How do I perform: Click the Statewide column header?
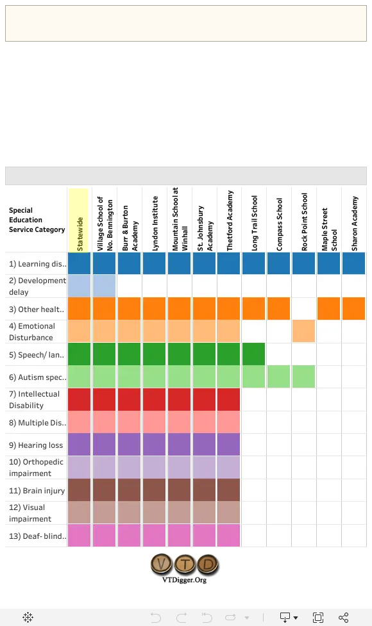[x=80, y=234]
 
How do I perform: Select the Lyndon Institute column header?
[x=155, y=224]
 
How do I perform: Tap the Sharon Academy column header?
[x=355, y=224]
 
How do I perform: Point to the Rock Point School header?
[x=305, y=222]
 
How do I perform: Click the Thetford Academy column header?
[x=230, y=221]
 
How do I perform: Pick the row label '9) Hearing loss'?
[x=36, y=445]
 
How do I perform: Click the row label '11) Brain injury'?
[x=37, y=491]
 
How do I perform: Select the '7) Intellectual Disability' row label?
[x=35, y=400]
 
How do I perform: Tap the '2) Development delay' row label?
[x=37, y=286]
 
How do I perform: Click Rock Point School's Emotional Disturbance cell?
[x=303, y=331]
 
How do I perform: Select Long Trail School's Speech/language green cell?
[x=254, y=354]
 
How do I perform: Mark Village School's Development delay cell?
[x=105, y=286]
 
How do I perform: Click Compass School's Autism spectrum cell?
[x=278, y=377]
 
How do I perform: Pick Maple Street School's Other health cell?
[x=328, y=308]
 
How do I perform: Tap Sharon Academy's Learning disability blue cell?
[x=353, y=263]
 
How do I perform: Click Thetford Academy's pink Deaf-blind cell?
[x=228, y=536]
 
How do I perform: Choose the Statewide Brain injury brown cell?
[x=79, y=490]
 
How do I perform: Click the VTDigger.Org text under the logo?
[x=184, y=580]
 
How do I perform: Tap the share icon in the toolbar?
[x=343, y=618]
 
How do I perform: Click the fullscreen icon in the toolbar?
[x=318, y=618]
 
